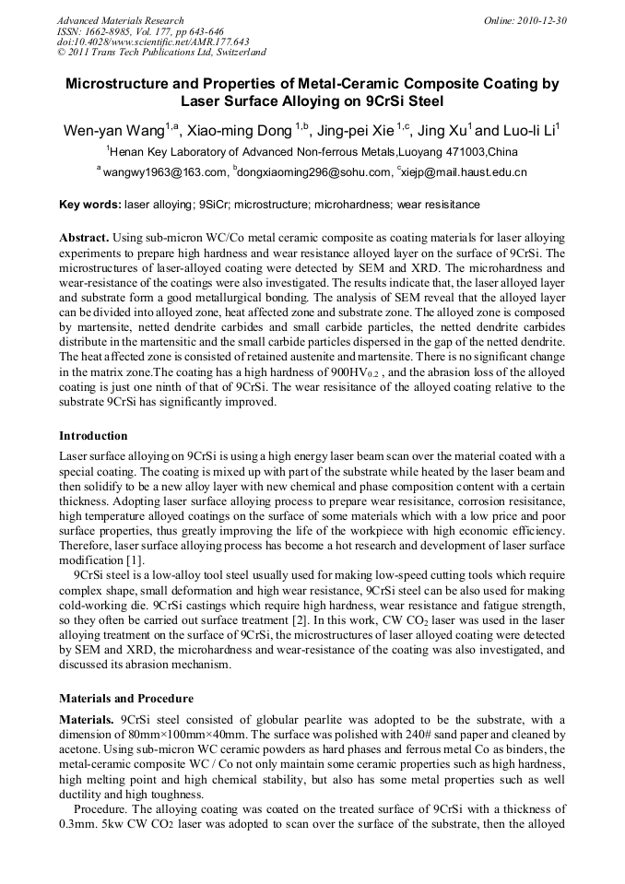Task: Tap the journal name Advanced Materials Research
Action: click(120, 20)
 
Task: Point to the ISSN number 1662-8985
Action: click(101, 31)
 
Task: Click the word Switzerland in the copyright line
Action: click(238, 53)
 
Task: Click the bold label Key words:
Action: click(89, 205)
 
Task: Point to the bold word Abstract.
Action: click(86, 238)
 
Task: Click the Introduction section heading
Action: click(93, 435)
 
